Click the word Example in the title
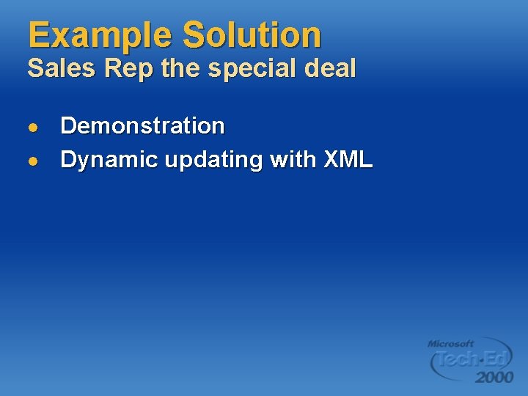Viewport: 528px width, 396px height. click(x=100, y=35)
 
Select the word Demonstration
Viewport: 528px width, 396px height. click(x=142, y=125)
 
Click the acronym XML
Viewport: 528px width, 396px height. click(x=347, y=159)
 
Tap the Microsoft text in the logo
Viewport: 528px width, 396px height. click(x=450, y=343)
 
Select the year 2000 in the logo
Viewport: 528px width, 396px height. click(x=494, y=377)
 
